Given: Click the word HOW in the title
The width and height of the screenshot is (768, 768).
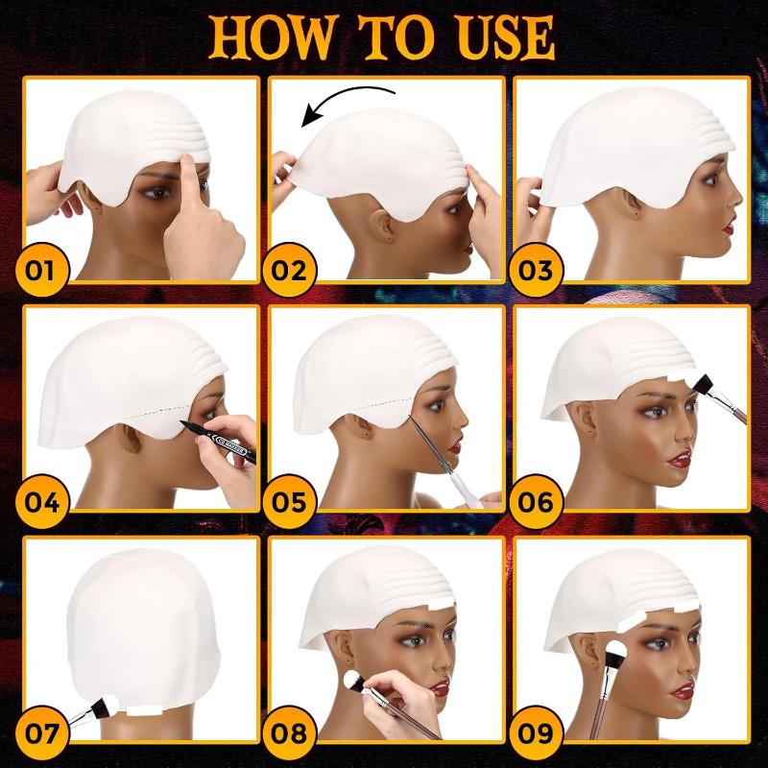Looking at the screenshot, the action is [274, 38].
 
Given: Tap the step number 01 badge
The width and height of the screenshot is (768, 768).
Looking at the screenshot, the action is [42, 270].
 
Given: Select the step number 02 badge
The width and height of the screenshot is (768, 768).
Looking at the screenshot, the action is [289, 270].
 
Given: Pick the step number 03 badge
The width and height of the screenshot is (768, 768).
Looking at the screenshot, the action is [536, 270].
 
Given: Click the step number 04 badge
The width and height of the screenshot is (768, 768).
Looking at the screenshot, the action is [42, 501].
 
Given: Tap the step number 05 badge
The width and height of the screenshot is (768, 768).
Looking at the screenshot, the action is [289, 501].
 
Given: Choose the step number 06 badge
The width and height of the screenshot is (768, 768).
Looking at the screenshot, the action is [536, 501].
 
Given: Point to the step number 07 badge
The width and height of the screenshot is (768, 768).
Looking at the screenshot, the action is [42, 732].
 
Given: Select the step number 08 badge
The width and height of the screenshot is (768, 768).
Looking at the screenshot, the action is [289, 732].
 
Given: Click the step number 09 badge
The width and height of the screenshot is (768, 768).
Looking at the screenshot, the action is [536, 732].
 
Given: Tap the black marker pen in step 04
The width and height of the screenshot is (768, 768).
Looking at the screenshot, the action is [218, 442].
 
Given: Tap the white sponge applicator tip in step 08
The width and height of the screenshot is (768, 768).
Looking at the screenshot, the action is [351, 680].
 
